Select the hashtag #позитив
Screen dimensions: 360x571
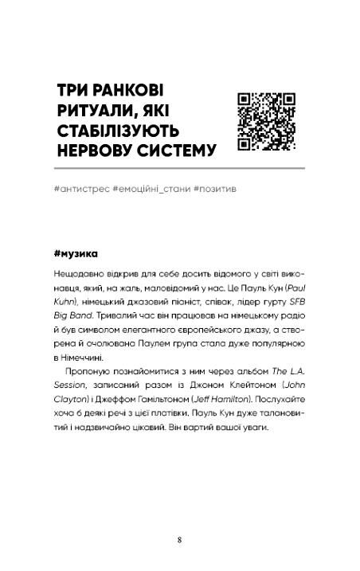point(214,191)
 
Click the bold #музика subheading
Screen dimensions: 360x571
point(74,254)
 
